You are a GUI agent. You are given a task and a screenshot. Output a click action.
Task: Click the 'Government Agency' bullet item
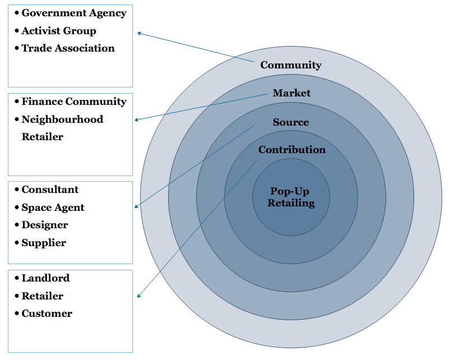tap(74, 13)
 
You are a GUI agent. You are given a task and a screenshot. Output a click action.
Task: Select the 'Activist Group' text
tap(59, 31)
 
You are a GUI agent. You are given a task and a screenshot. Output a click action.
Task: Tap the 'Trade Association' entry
tap(68, 48)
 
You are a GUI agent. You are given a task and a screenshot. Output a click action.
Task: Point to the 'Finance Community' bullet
tap(74, 101)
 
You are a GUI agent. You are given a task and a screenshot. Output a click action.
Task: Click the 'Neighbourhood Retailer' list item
tap(62, 128)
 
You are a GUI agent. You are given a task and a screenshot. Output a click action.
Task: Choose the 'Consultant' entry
tap(50, 190)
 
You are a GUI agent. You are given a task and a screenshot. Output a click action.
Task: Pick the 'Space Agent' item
tap(53, 207)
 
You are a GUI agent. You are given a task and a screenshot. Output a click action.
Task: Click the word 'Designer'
tap(45, 225)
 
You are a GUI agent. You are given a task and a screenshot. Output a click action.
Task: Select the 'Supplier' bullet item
tap(44, 243)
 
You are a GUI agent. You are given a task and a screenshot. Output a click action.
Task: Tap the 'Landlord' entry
tap(45, 278)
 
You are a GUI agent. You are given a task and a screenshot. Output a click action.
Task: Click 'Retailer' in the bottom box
tap(42, 296)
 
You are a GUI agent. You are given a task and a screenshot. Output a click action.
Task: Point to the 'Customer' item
tap(47, 313)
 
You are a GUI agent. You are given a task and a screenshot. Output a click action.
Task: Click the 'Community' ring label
tap(291, 65)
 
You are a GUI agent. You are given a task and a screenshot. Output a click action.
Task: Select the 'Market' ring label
tap(291, 93)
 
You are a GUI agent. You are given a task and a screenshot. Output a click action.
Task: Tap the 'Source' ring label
tap(291, 122)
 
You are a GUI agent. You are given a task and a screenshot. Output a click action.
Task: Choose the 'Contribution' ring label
tap(292, 150)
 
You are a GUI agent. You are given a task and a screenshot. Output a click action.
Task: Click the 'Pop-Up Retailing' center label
tap(291, 197)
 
